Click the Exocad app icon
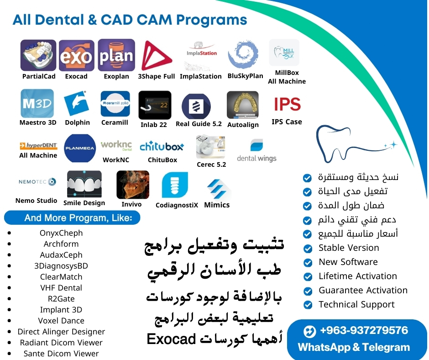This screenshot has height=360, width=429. click(77, 56)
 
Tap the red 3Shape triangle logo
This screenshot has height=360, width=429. click(156, 56)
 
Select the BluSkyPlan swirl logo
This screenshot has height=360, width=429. click(243, 54)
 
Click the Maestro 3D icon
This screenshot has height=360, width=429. click(37, 103)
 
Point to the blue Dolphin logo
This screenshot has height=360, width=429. click(77, 103)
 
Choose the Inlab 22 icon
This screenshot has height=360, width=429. click(155, 105)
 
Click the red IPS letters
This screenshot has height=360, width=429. click(287, 104)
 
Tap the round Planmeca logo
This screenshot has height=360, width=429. click(80, 148)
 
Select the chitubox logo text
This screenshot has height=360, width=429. click(162, 147)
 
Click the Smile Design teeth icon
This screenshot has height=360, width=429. click(84, 184)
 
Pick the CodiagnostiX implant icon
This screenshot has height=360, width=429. click(175, 185)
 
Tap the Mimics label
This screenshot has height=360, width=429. click(217, 205)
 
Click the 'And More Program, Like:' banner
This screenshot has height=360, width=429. click(72, 218)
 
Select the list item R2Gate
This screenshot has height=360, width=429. click(61, 299)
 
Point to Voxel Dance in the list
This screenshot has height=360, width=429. click(61, 321)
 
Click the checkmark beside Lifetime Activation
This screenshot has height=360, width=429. click(308, 276)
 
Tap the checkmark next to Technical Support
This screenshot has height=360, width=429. click(308, 305)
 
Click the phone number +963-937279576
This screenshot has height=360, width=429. click(364, 330)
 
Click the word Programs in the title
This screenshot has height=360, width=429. click(211, 21)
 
